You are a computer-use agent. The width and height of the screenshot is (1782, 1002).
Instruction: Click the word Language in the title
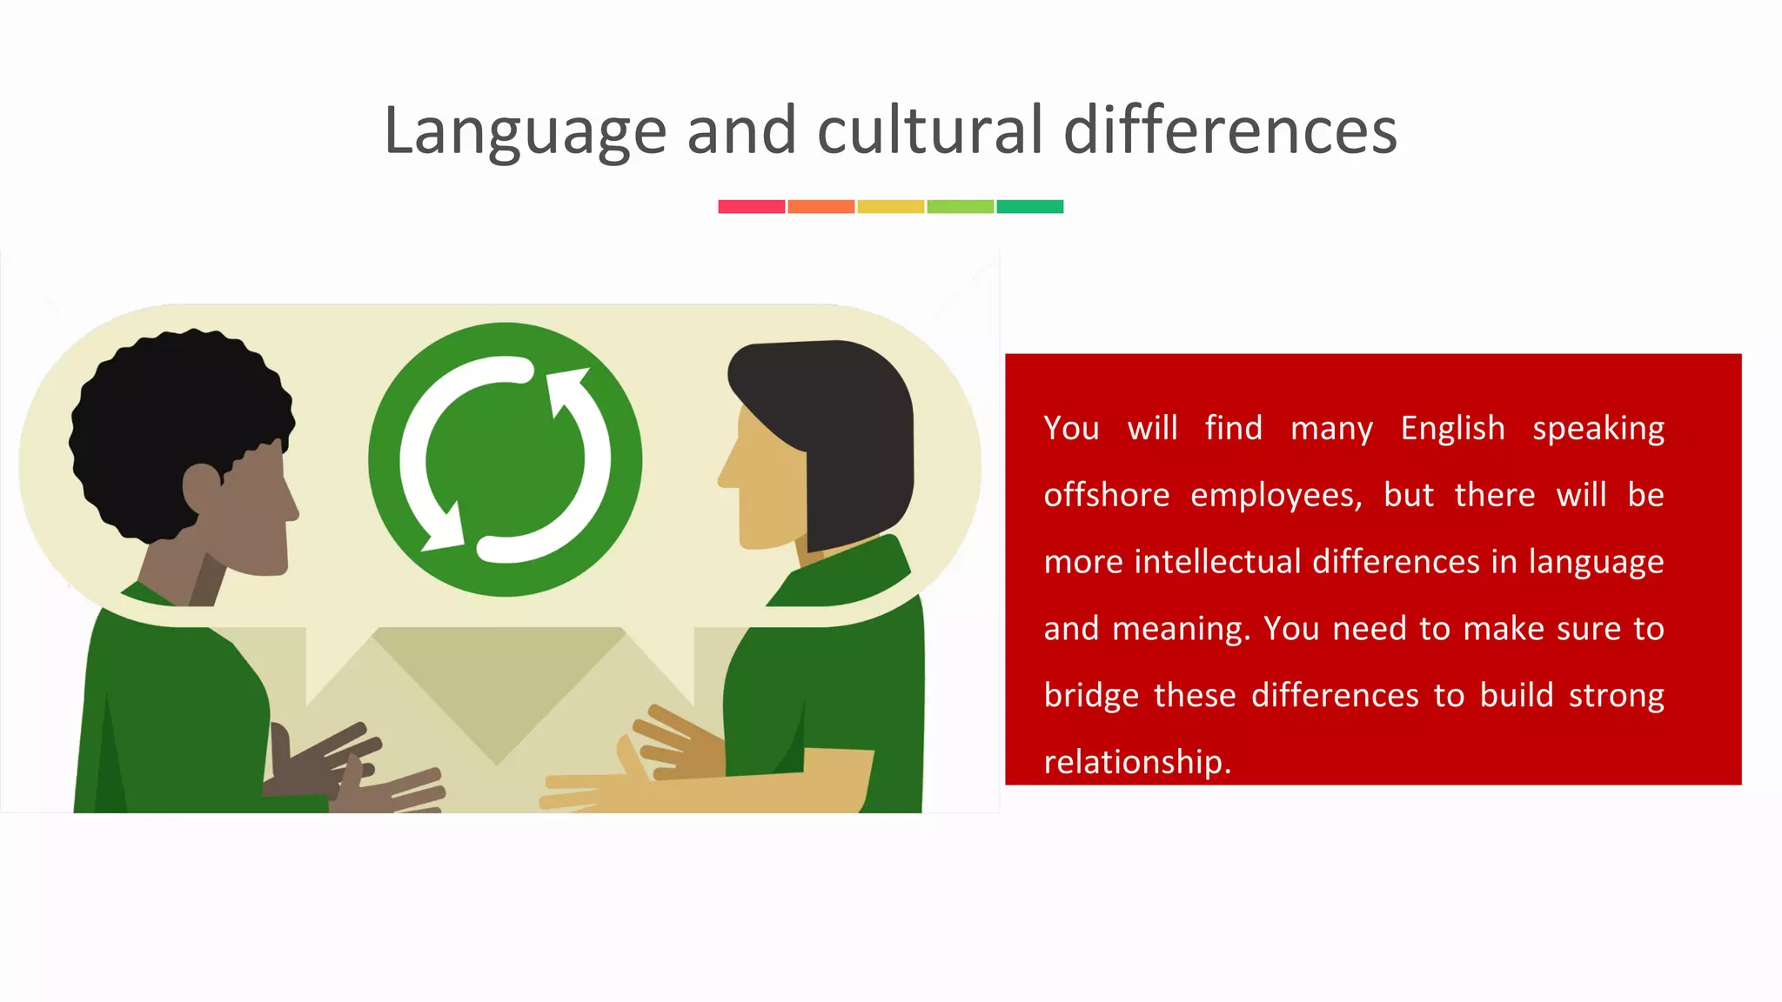(x=525, y=130)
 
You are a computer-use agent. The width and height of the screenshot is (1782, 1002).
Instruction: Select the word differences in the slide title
(x=1230, y=130)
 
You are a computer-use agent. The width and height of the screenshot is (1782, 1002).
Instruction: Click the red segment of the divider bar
(x=752, y=206)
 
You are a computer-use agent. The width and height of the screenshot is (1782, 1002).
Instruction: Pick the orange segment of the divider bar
(x=821, y=206)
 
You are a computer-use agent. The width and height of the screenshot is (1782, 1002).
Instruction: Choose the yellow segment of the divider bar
(x=891, y=206)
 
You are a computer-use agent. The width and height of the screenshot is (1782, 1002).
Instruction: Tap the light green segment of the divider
(x=961, y=206)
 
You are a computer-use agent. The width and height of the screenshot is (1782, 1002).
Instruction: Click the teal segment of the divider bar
(x=1030, y=206)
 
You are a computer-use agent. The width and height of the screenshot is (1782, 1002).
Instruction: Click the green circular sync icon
(x=506, y=459)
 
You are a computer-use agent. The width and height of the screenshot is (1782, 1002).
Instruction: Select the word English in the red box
(x=1452, y=428)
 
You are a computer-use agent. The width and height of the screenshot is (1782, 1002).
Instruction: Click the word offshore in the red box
(x=1107, y=495)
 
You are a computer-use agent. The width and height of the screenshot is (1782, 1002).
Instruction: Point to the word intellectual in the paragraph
(x=1218, y=562)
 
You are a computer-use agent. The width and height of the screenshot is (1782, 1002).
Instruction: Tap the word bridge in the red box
(x=1091, y=695)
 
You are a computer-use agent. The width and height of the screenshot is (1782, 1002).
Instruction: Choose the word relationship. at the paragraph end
(x=1137, y=762)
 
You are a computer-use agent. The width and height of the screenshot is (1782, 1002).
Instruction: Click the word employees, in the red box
(x=1276, y=495)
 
